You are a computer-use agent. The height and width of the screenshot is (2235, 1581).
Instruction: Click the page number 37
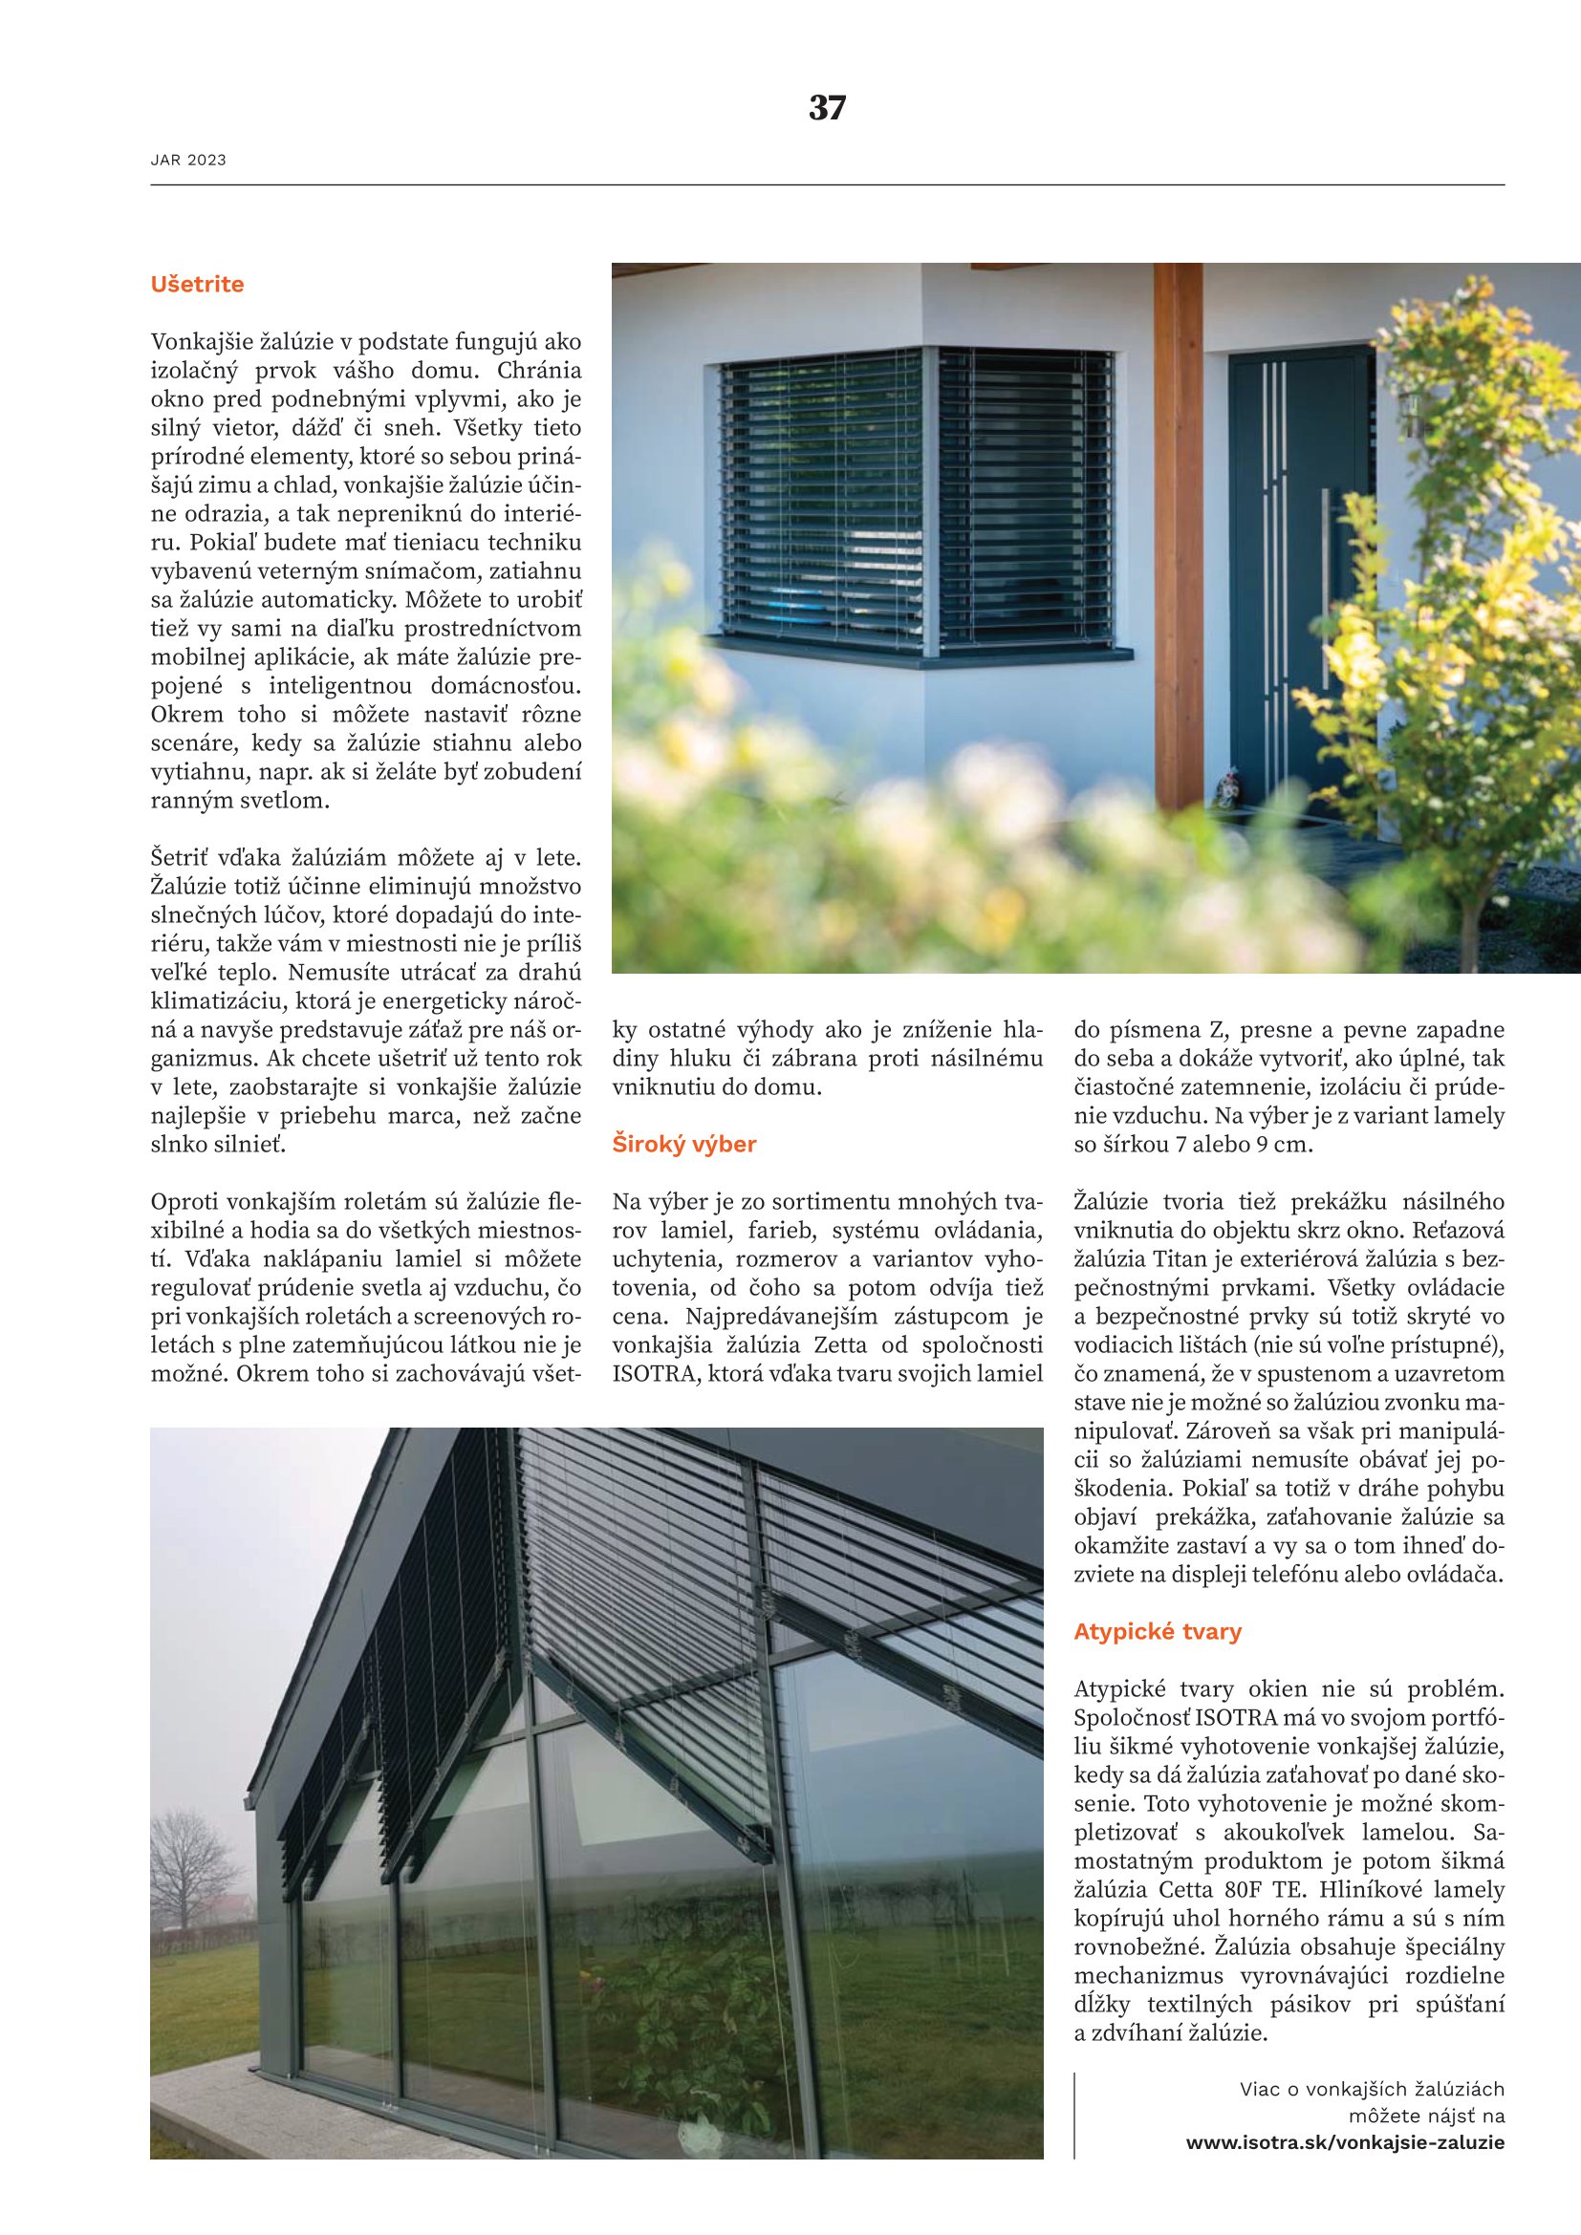[x=827, y=107]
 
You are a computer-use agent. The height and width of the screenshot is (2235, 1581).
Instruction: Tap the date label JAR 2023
[x=188, y=161]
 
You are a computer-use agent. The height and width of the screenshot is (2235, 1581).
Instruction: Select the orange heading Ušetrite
[x=197, y=284]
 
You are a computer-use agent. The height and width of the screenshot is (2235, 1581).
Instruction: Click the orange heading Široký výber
[x=683, y=1144]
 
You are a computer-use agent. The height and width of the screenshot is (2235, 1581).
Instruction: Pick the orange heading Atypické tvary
[x=1158, y=1631]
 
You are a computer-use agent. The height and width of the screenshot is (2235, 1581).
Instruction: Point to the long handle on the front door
[x=1325, y=584]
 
